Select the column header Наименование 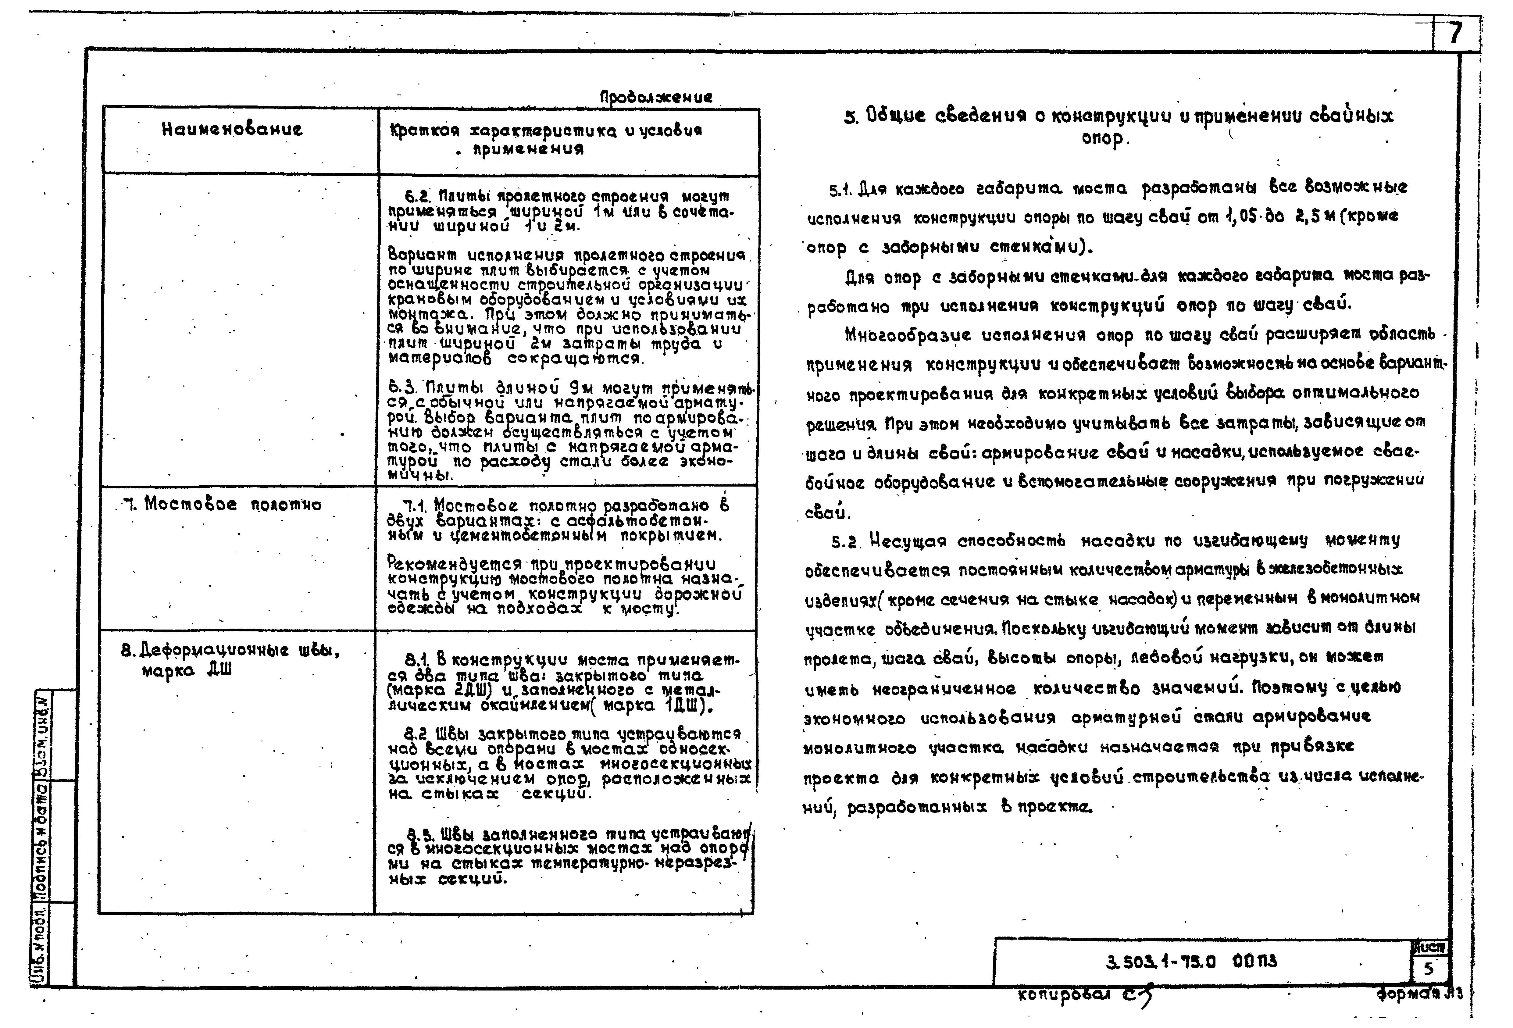[x=232, y=130]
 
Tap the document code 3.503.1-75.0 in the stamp [x=1161, y=962]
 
